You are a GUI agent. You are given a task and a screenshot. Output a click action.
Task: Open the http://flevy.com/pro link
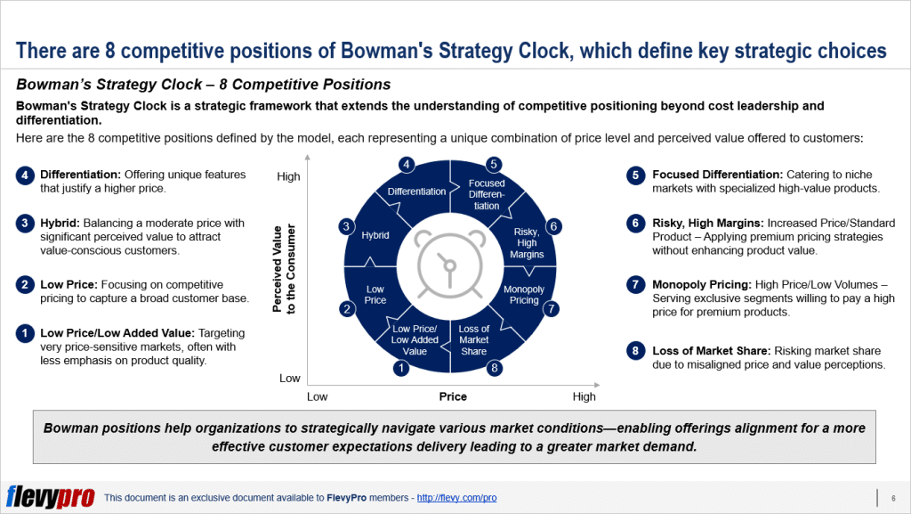[x=456, y=498]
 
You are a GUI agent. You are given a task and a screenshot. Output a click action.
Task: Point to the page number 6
[x=892, y=498]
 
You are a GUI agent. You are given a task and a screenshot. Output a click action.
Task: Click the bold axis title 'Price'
[x=452, y=396]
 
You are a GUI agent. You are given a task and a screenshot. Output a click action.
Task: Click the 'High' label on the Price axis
[x=584, y=396]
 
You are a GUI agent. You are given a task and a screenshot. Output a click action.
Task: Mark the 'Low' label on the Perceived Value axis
[x=290, y=378]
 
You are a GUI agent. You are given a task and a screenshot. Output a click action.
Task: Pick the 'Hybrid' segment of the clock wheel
[x=375, y=236]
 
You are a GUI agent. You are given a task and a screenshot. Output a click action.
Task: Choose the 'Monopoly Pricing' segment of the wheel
[x=523, y=295]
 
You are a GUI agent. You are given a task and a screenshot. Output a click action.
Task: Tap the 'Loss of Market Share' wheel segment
[x=474, y=340]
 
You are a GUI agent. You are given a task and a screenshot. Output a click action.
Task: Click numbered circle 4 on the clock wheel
[x=406, y=165]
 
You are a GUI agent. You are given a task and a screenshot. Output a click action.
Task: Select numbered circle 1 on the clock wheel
[x=401, y=367]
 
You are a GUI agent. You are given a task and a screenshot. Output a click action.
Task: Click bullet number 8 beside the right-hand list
[x=634, y=350]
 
